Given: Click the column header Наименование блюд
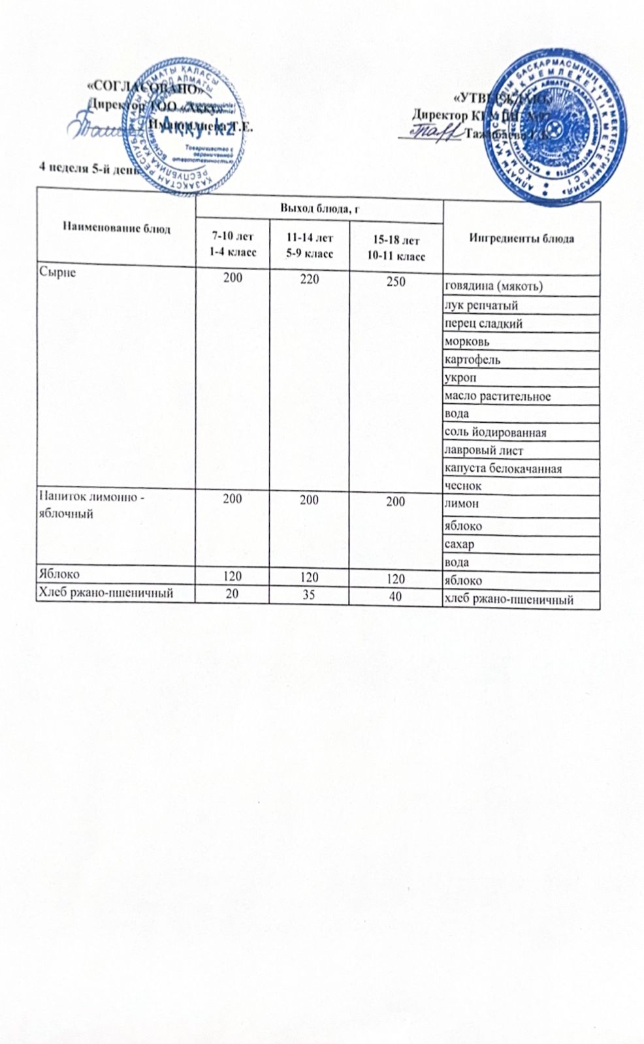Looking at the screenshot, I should (x=117, y=228).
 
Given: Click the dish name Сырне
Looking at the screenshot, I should (x=57, y=272).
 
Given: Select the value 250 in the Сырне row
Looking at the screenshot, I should (x=396, y=282).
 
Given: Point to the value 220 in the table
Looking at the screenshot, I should (x=310, y=279).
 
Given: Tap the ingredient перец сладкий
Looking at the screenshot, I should (x=483, y=324).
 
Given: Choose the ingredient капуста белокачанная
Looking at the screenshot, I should (x=503, y=468).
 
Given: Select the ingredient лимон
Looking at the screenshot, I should (x=461, y=504).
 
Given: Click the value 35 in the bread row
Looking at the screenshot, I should (x=310, y=595).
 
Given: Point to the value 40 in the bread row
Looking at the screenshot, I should (x=394, y=596).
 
